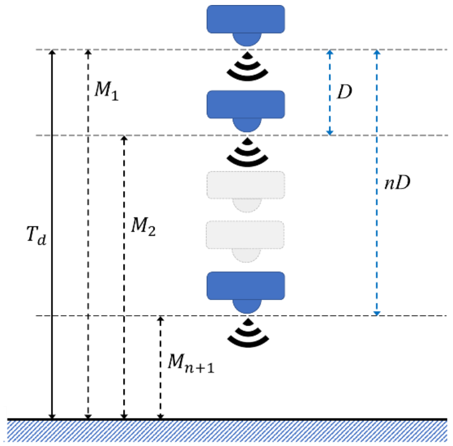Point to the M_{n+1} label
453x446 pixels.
click(191, 363)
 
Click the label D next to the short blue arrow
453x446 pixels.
click(345, 92)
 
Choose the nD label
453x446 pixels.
click(398, 184)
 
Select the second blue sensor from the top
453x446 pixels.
click(246, 104)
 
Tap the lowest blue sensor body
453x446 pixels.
click(246, 286)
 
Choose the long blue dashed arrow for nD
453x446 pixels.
click(376, 250)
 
